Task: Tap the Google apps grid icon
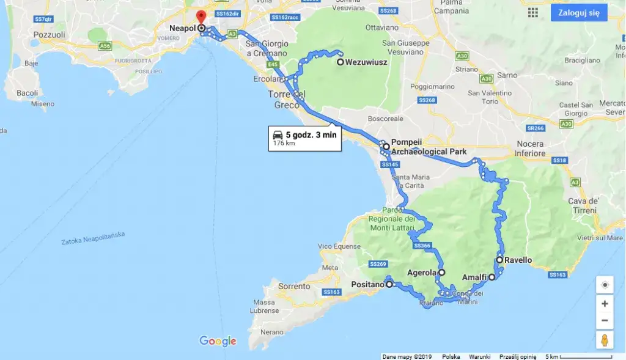pyautogui.click(x=533, y=12)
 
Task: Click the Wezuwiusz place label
pyautogui.click(x=366, y=62)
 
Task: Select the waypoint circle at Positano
pyautogui.click(x=389, y=284)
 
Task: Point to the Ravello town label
pyautogui.click(x=518, y=260)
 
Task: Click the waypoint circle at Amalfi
pyautogui.click(x=492, y=277)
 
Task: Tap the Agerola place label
pyautogui.click(x=422, y=273)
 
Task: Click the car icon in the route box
pyautogui.click(x=278, y=134)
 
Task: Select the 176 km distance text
pyautogui.click(x=284, y=143)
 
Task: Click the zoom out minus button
pyautogui.click(x=605, y=320)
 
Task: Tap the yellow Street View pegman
pyautogui.click(x=605, y=340)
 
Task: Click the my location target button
pyautogui.click(x=605, y=285)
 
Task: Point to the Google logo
pyautogui.click(x=218, y=341)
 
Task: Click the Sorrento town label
pyautogui.click(x=294, y=286)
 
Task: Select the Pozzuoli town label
pyautogui.click(x=50, y=35)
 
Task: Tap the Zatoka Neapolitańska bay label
pyautogui.click(x=93, y=238)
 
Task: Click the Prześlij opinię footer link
pyautogui.click(x=518, y=356)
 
